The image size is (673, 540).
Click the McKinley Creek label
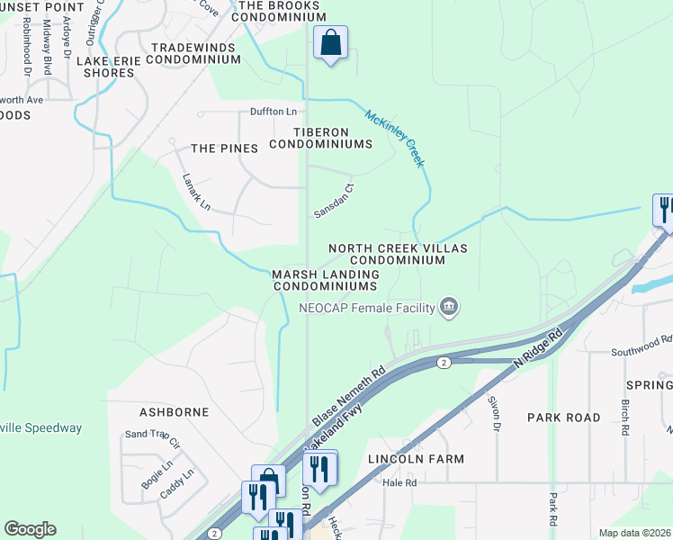tap(394, 138)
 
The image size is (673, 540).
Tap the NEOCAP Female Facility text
tap(367, 308)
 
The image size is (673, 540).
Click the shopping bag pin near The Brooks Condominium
tap(330, 42)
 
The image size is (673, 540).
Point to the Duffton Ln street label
tap(273, 112)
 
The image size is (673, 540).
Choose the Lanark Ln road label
tap(196, 192)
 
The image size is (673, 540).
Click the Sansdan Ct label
tap(335, 202)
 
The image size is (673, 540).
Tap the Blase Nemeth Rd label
tap(349, 396)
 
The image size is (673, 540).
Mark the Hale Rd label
tap(399, 482)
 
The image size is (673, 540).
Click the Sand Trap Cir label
tap(152, 439)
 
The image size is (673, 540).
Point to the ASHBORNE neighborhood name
tap(174, 412)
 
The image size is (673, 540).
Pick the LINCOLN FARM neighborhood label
tap(416, 459)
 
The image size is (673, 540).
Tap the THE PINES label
tap(224, 148)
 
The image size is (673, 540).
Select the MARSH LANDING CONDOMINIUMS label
tap(325, 279)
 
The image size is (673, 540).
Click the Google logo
tap(30, 529)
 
